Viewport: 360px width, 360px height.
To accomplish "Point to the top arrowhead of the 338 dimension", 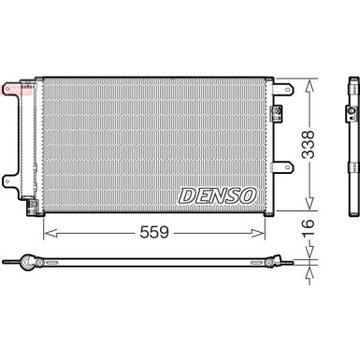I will point(309,79).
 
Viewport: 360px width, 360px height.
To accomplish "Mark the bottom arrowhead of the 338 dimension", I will point(309,210).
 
